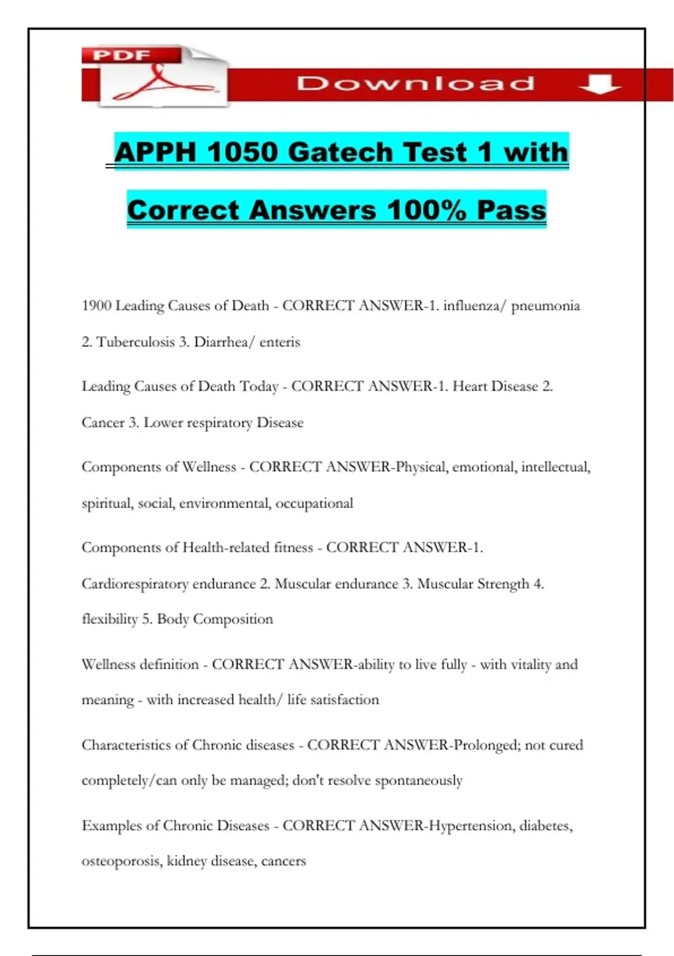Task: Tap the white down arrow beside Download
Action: [599, 84]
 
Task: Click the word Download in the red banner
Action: [416, 84]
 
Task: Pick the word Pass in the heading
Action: [511, 210]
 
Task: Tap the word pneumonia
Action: [545, 306]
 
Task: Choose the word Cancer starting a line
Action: [103, 423]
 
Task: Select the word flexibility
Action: [110, 619]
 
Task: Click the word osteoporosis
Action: [121, 861]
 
